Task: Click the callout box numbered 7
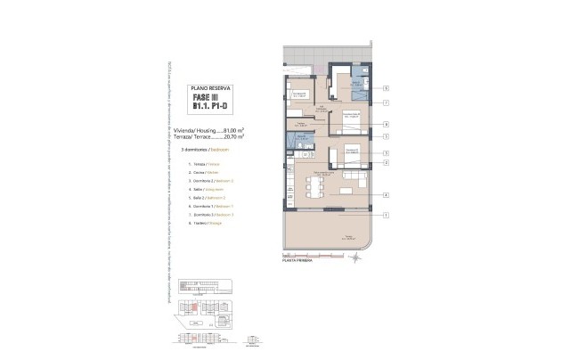386,103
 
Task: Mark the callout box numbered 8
386,124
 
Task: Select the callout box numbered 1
386,216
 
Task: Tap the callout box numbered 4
386,194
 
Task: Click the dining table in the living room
314,185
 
